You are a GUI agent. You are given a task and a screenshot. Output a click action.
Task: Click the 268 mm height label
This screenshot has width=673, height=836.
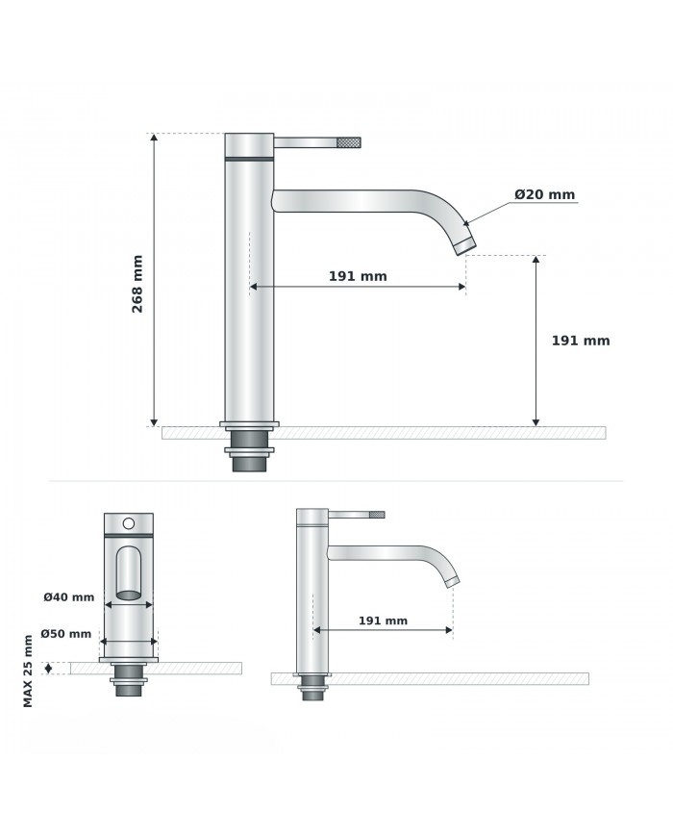pyautogui.click(x=137, y=284)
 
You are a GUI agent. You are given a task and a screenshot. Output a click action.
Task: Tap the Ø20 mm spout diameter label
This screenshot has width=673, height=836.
pyautogui.click(x=544, y=194)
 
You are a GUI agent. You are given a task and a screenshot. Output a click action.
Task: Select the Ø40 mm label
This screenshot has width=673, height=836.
pyautogui.click(x=68, y=597)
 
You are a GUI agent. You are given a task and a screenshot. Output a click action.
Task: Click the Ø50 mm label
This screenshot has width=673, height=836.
pyautogui.click(x=66, y=634)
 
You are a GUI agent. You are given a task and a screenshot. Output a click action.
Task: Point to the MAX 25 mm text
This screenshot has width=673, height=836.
pyautogui.click(x=28, y=671)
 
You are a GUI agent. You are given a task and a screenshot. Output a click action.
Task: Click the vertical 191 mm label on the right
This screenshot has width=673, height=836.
pyautogui.click(x=581, y=341)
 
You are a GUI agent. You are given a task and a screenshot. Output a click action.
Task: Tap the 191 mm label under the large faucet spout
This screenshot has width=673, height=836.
pyautogui.click(x=358, y=276)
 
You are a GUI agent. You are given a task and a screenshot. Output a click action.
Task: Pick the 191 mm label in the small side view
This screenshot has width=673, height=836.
pyautogui.click(x=383, y=621)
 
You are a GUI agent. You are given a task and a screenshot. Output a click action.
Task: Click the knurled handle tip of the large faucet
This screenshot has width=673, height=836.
pyautogui.click(x=349, y=142)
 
